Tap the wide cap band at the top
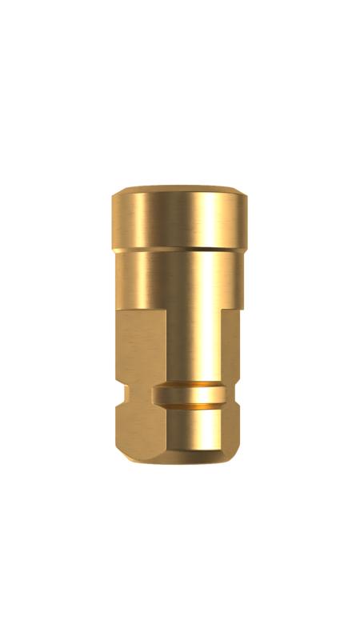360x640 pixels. click(180, 220)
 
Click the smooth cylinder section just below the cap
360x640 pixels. click(180, 280)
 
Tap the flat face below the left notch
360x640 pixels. click(141, 432)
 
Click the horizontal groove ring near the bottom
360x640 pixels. click(192, 394)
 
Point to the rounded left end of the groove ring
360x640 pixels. click(160, 394)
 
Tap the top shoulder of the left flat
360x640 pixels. click(140, 313)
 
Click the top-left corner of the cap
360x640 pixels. click(116, 192)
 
